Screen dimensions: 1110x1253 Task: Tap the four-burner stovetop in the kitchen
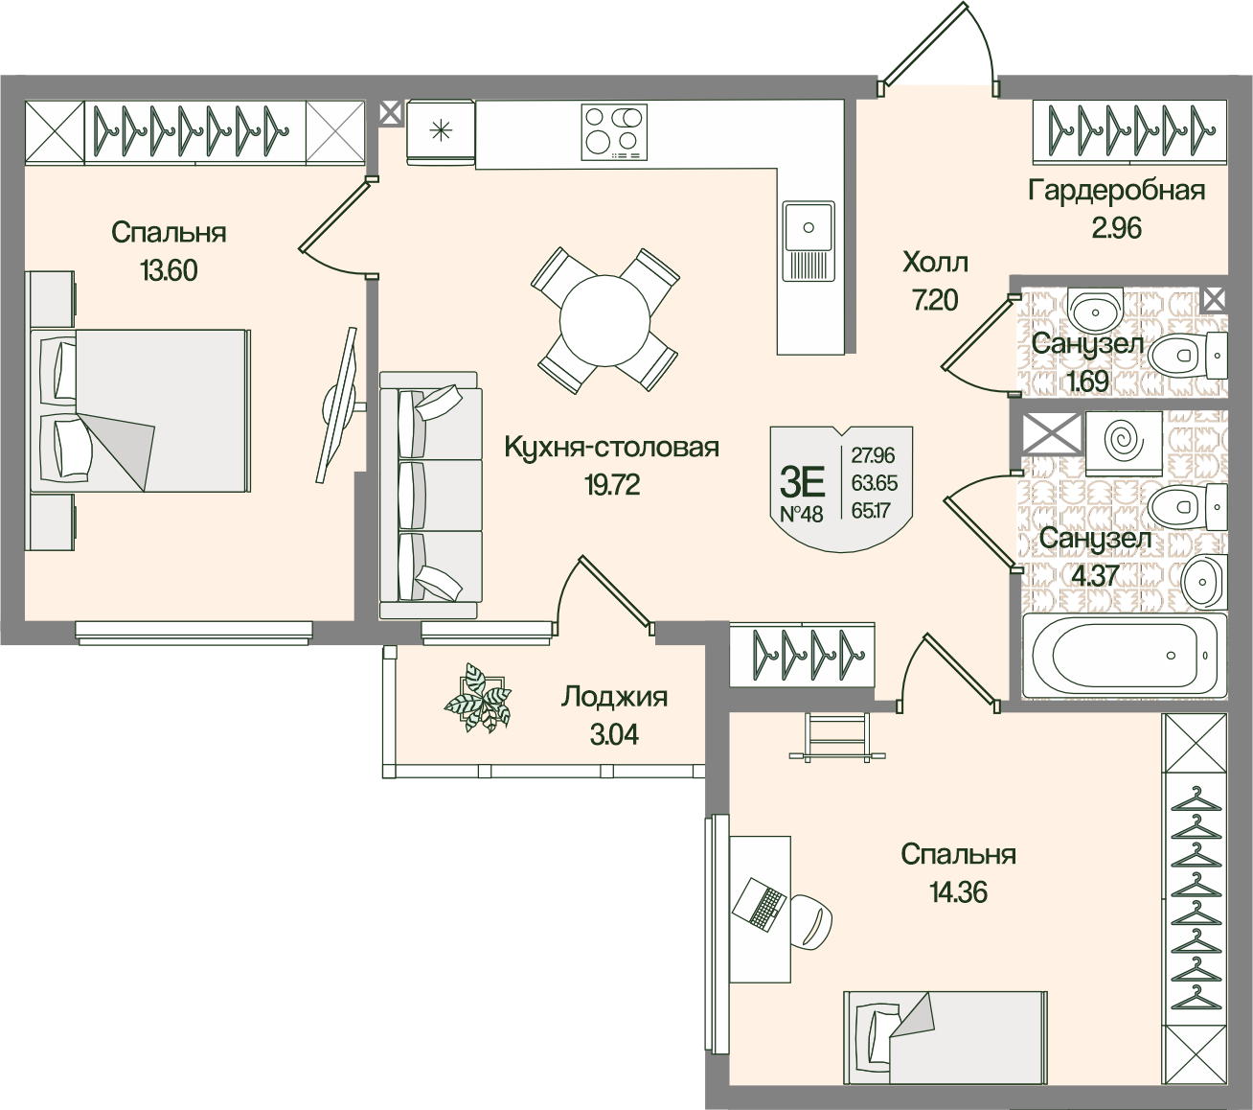[614, 131]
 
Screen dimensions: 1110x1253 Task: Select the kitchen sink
[809, 239]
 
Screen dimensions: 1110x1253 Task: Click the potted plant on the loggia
[478, 698]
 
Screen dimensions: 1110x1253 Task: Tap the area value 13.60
[169, 271]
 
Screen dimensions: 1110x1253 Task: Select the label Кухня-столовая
[611, 448]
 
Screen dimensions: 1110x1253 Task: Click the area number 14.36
[958, 892]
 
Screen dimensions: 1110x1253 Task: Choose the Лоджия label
[614, 697]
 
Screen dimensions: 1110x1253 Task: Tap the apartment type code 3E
[802, 477]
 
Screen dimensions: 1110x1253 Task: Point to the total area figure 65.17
[870, 510]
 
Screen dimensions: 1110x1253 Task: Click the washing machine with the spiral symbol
[1123, 442]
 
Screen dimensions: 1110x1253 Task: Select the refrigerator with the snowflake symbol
[441, 131]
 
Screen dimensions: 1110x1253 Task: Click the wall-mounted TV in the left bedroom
[338, 405]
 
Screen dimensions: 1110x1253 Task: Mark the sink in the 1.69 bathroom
[1092, 309]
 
